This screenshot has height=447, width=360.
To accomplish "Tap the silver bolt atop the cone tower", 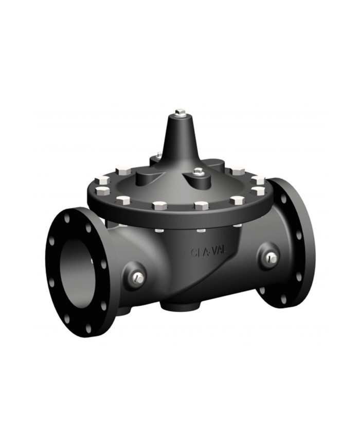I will [179, 112].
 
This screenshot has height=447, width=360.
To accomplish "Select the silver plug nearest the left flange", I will [137, 278].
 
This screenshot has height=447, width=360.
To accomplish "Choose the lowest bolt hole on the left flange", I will [88, 327].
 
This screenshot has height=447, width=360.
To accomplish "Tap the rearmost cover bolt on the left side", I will [124, 171].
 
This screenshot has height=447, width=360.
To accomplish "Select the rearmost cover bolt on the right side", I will [238, 171].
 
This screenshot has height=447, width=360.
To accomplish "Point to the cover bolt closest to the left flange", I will [102, 191].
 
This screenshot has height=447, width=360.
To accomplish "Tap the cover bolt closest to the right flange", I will [259, 191].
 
